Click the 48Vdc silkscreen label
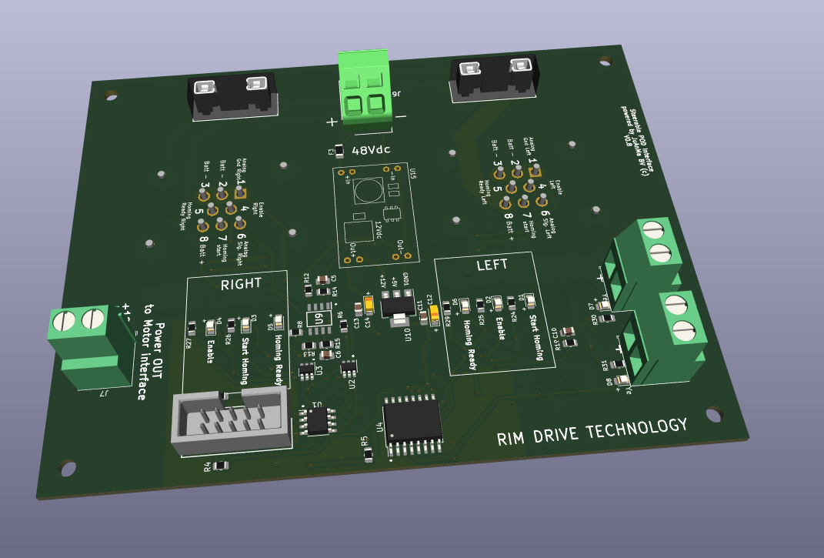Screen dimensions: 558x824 pos(372,150)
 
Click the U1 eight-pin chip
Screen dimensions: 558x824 pos(317,421)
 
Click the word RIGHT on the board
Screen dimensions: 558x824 pos(241,283)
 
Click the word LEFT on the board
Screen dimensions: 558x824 pos(492,264)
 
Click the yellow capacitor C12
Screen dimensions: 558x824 pos(435,312)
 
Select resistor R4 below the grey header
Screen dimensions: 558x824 pos(220,465)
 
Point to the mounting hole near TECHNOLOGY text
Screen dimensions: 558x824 pos(713,415)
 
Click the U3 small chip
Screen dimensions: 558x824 pos(306,371)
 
